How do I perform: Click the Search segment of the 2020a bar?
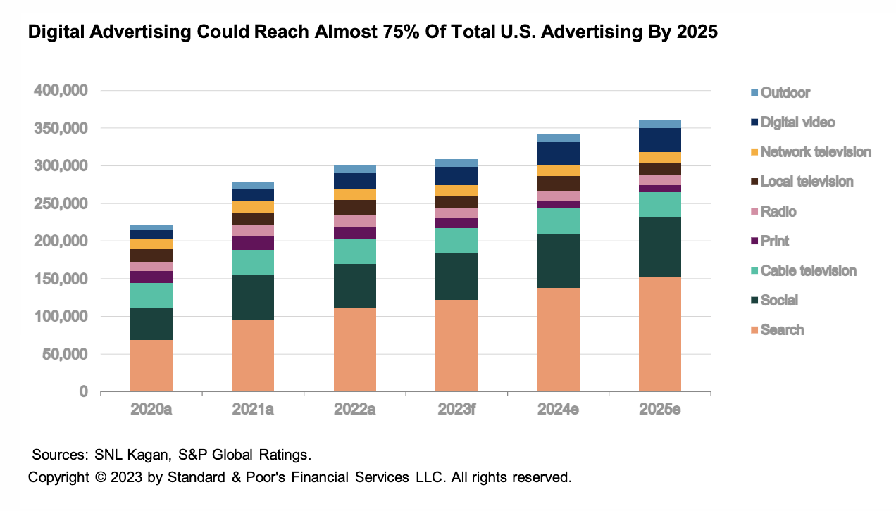tap(151, 365)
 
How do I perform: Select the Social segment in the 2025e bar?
tap(660, 246)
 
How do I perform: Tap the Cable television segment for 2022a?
tap(355, 251)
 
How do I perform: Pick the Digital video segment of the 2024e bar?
tap(559, 153)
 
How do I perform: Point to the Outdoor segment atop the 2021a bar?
tap(253, 186)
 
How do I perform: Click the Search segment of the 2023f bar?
tap(456, 346)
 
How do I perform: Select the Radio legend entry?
tap(778, 212)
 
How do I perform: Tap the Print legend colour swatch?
tap(754, 241)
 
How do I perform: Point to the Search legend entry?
tap(782, 330)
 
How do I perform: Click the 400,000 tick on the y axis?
tap(60, 91)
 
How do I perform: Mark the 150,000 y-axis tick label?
tap(60, 279)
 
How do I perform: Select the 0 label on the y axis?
tap(84, 392)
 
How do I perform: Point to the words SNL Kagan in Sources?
tap(127, 455)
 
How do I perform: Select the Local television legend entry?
tap(807, 182)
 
